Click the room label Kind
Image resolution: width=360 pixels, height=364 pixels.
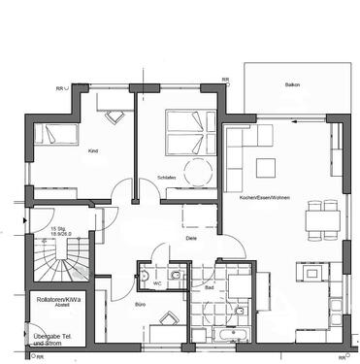point(93,151)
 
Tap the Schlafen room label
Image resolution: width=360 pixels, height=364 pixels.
point(166,179)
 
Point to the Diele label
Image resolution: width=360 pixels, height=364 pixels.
point(193,238)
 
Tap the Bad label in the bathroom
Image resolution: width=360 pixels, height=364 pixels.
point(209,288)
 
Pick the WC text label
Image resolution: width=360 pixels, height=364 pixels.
point(156,283)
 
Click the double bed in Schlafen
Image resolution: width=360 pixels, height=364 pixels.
point(181,133)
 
